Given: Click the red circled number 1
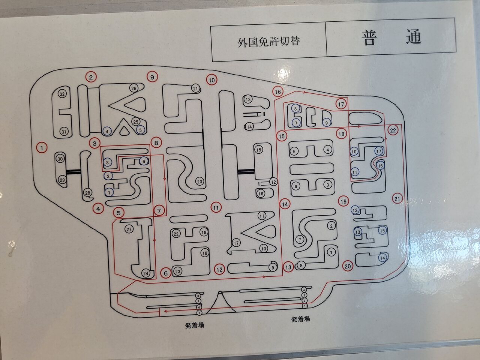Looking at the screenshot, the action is click(42, 148).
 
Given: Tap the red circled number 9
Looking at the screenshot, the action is click(152, 77).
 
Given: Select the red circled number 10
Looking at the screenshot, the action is click(212, 80).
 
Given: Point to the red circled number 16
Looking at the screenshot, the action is click(277, 91).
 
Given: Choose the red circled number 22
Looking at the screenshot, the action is click(393, 130).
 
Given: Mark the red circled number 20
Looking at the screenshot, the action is click(348, 266).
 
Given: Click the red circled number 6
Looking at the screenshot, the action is click(166, 273).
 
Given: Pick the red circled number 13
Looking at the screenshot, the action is click(288, 267).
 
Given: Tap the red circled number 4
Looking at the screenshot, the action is click(98, 208).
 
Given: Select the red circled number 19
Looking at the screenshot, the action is click(343, 201).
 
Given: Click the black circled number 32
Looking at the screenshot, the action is click(62, 94).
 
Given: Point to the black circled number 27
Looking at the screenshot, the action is click(129, 229).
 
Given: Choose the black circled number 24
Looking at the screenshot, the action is click(146, 273).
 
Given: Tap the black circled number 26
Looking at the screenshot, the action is click(134, 88).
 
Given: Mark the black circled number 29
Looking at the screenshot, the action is click(62, 180).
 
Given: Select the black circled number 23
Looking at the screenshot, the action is click(177, 271).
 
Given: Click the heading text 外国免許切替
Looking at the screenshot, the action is click(268, 41).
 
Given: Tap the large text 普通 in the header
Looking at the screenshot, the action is click(391, 37).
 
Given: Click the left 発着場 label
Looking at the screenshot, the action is click(195, 325).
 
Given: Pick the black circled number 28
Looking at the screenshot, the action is click(88, 193).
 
